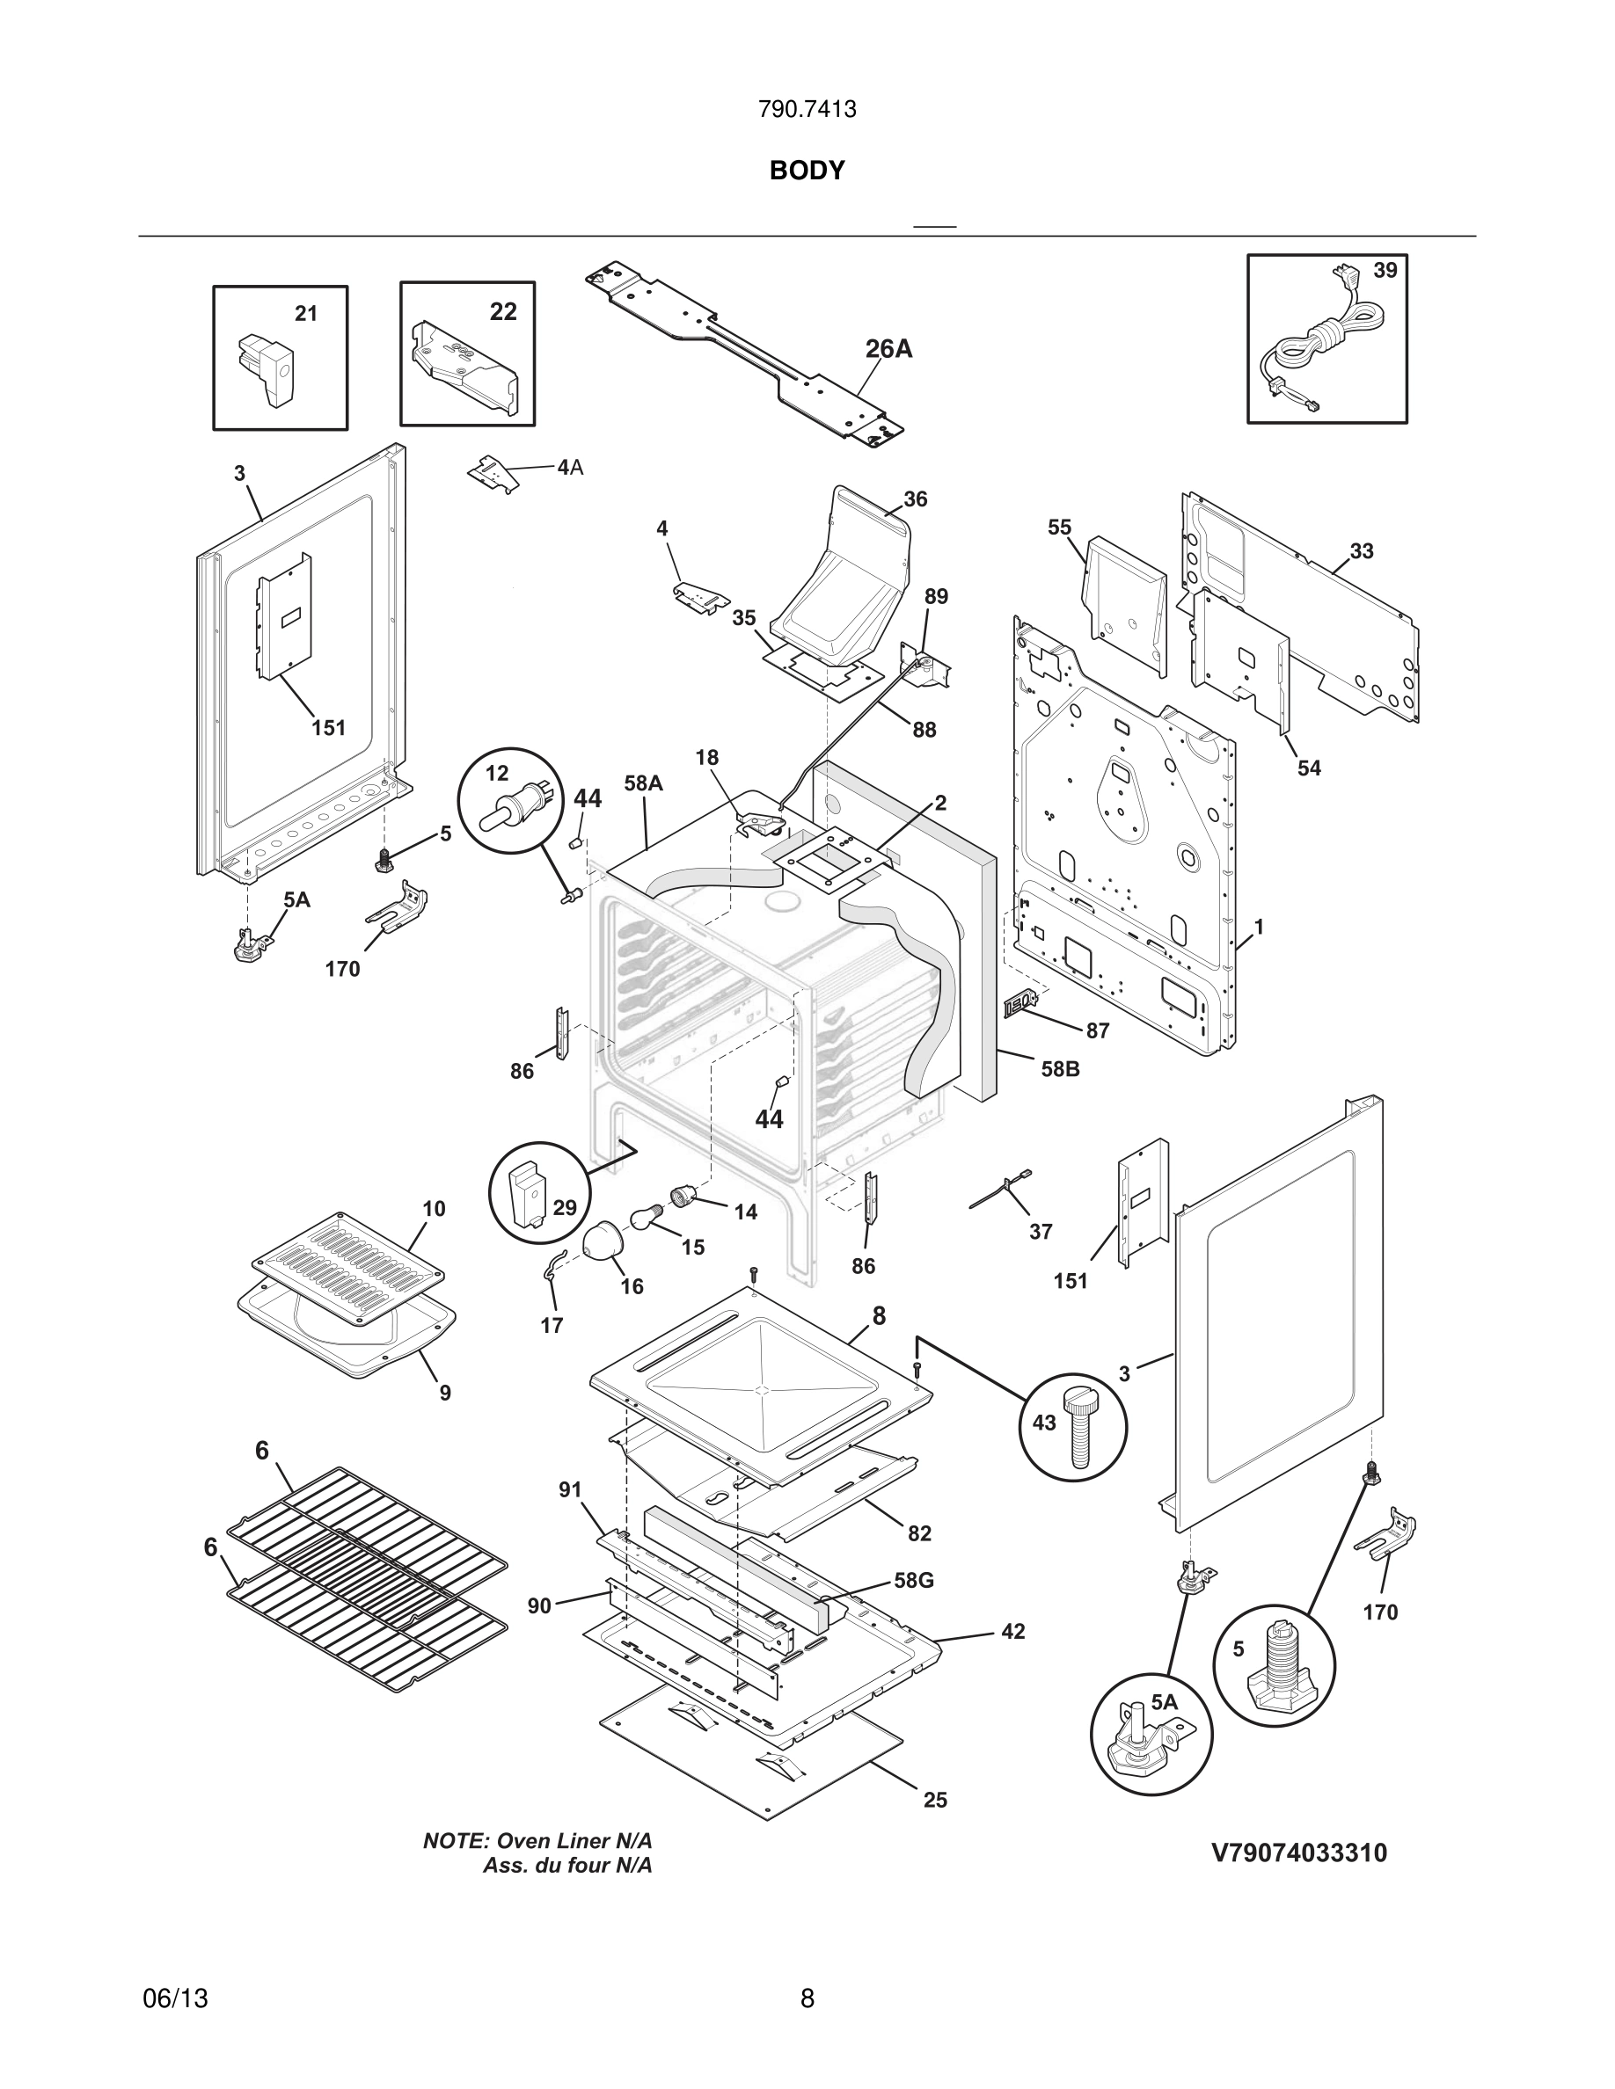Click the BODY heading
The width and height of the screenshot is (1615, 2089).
click(807, 171)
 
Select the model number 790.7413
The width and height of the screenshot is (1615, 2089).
click(807, 110)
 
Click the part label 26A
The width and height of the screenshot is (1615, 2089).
click(888, 349)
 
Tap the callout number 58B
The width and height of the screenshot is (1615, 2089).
click(1060, 1069)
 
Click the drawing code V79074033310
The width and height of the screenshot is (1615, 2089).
click(1298, 1853)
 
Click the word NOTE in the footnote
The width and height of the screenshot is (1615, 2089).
click(456, 1841)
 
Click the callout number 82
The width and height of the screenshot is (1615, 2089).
click(919, 1533)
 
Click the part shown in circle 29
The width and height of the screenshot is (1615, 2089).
click(527, 1193)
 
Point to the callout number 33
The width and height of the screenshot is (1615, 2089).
click(1362, 551)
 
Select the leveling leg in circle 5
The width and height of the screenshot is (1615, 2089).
click(1279, 1670)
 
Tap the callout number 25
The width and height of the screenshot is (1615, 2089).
click(935, 1800)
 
